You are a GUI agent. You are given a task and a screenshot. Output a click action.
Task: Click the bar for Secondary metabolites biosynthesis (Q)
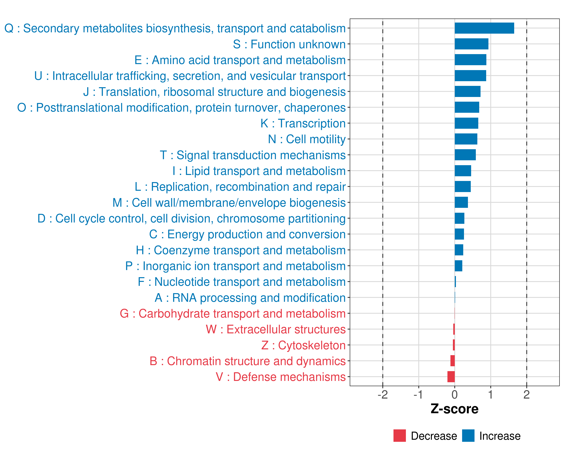(484, 28)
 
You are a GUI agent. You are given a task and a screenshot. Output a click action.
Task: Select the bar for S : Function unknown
(471, 44)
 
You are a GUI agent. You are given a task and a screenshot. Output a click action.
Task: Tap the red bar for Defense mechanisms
(451, 377)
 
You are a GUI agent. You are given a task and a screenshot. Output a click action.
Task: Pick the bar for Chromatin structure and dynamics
(453, 361)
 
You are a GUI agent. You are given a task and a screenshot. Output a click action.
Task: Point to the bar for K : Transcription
(466, 123)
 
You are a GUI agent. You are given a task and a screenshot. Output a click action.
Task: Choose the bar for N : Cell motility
(466, 139)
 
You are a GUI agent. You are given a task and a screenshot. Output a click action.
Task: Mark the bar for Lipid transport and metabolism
(463, 171)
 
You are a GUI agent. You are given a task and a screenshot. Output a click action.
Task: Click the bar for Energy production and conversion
(459, 234)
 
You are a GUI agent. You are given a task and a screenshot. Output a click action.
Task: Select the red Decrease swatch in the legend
(399, 436)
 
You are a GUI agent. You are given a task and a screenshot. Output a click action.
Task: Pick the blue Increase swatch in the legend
(468, 436)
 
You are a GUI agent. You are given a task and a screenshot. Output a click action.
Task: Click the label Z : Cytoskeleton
(303, 345)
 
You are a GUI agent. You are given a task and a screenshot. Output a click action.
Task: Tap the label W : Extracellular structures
(276, 329)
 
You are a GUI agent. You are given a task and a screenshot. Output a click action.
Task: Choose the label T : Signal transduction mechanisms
(253, 155)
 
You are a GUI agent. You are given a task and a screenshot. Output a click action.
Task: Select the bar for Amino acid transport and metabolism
(470, 60)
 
